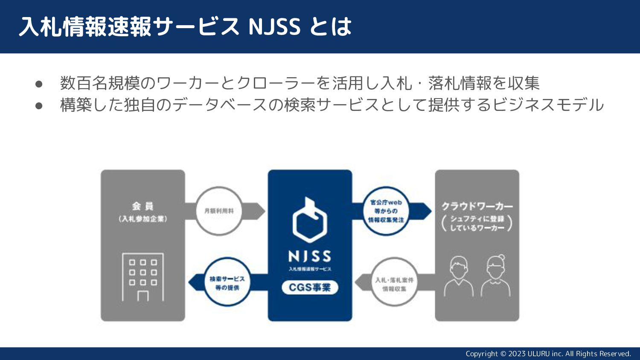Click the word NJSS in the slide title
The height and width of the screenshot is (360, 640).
click(274, 26)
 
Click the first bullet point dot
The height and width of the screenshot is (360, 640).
click(39, 84)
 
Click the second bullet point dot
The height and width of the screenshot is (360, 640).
click(39, 105)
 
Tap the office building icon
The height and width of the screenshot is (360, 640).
click(143, 277)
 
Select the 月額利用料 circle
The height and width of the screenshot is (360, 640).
click(219, 211)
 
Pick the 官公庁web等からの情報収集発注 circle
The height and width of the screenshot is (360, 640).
click(386, 211)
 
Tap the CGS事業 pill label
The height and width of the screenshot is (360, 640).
click(310, 287)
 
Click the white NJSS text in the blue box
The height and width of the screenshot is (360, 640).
click(310, 256)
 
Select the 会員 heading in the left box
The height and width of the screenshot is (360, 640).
click(143, 206)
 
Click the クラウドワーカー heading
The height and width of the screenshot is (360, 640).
click(477, 206)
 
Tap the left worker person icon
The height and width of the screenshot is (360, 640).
click(459, 276)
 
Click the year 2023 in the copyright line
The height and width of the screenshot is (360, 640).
click(517, 354)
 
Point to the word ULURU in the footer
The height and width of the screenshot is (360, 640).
click(538, 354)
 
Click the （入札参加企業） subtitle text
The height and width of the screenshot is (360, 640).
click(143, 219)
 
